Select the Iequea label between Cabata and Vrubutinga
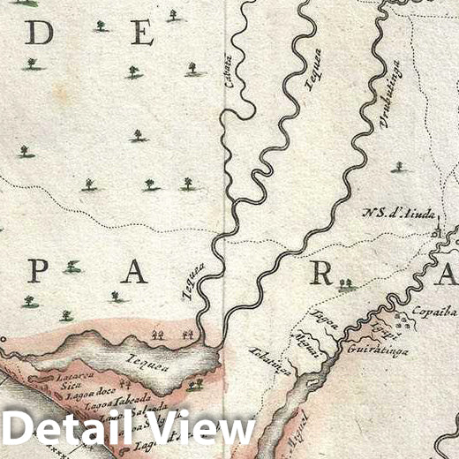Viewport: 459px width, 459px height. pyautogui.click(x=314, y=69)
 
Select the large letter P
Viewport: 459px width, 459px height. pyautogui.click(x=36, y=271)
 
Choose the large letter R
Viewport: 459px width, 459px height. pyautogui.click(x=320, y=274)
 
